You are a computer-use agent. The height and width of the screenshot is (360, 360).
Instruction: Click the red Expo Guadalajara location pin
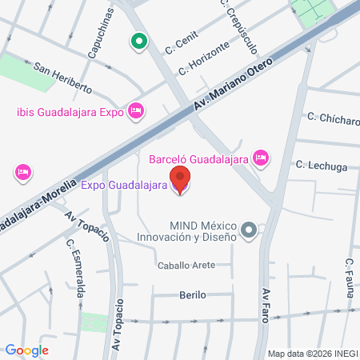click(x=181, y=180)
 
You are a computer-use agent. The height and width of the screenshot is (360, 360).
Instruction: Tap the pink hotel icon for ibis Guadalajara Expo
click(x=136, y=110)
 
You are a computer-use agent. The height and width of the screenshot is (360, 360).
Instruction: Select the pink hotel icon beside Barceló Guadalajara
click(x=260, y=158)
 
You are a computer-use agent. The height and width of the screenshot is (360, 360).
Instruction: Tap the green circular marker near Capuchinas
click(x=138, y=40)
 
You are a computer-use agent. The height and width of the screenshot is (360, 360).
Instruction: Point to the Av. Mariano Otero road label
click(x=238, y=84)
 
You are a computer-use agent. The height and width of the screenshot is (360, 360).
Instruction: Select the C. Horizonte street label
click(x=209, y=58)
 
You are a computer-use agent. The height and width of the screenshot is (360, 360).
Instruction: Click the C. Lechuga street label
click(x=321, y=166)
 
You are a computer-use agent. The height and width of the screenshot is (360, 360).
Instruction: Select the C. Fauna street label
click(x=349, y=280)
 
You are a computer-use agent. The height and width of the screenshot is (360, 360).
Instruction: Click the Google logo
click(x=26, y=350)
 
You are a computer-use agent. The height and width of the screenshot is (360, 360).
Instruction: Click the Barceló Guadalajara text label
click(x=198, y=158)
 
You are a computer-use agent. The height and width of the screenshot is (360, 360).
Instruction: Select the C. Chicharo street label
click(x=333, y=118)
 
